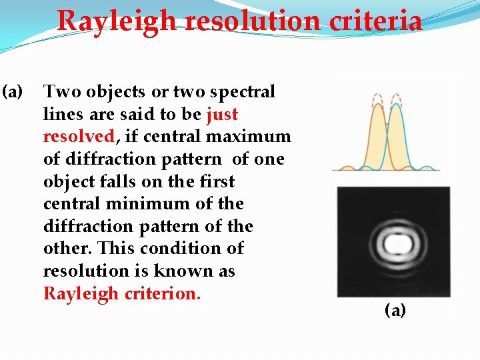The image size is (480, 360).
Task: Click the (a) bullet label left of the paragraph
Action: point(12,92)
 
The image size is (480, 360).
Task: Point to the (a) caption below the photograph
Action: point(395,310)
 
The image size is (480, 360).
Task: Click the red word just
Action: point(222,114)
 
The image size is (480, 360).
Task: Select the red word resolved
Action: point(79,137)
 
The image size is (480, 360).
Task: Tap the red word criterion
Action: point(165,293)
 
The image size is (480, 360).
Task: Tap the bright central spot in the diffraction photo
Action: point(393,243)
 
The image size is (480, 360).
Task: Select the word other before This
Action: point(67,249)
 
